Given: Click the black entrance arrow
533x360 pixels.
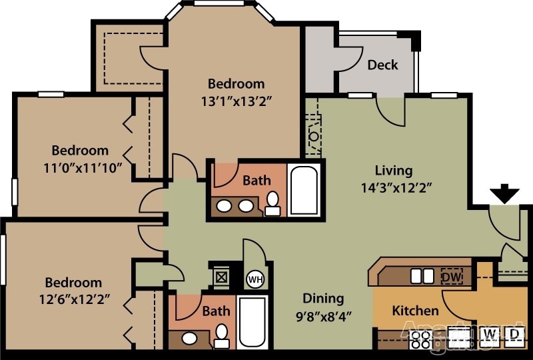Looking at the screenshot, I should [x=505, y=194].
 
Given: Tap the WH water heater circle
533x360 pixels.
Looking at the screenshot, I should [x=255, y=279].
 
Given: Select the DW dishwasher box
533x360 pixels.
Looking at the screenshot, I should [x=452, y=275].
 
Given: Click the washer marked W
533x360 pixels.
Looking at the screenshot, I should [x=490, y=333].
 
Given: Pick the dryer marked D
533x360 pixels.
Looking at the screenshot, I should [x=514, y=333].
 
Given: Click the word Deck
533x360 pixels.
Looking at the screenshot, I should [x=382, y=65].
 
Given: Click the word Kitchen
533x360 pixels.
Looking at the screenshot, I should [x=415, y=311].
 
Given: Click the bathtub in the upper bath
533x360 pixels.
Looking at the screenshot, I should [x=305, y=189].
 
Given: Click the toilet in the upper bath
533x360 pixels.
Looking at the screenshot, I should [x=273, y=203].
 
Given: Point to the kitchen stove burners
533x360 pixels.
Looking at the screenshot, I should [x=420, y=340].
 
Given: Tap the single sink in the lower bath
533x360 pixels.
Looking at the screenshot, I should [x=190, y=338].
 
